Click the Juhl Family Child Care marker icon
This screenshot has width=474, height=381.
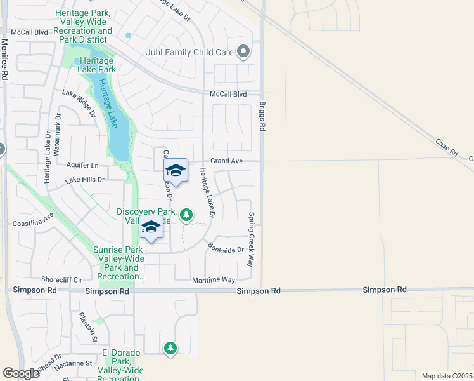[243, 53]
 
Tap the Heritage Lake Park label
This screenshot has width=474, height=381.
[97, 65]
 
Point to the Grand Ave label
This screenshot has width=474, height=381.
[227, 161]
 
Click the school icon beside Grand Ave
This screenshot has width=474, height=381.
[176, 171]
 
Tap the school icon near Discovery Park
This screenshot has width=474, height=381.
[151, 229]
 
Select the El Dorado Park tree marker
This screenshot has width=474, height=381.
[170, 348]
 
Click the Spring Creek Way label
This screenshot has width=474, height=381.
[251, 239]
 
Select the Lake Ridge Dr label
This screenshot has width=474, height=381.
[79, 104]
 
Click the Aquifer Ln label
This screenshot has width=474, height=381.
[82, 164]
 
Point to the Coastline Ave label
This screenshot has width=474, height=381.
[34, 224]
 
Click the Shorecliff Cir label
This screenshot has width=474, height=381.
[62, 279]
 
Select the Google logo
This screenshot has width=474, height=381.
[21, 373]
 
